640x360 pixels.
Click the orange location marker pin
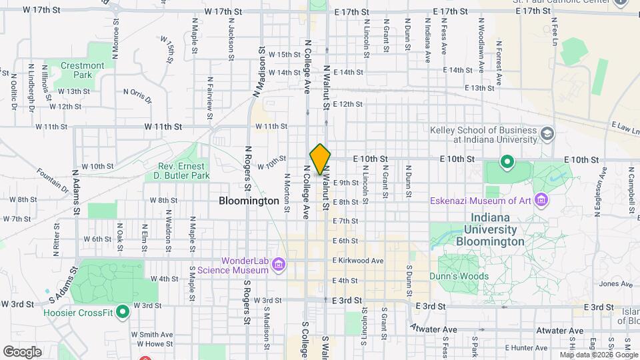pyautogui.click(x=320, y=159)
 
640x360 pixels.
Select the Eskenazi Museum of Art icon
pyautogui.click(x=541, y=199)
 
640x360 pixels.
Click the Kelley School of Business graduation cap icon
pyautogui.click(x=547, y=135)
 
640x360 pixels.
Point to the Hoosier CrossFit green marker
pyautogui.click(x=122, y=311)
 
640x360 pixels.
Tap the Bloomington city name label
pyautogui.click(x=249, y=201)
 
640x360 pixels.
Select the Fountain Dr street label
pyautogui.click(x=53, y=180)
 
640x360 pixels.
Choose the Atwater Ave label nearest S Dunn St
pyautogui.click(x=433, y=329)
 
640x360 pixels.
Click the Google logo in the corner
pyautogui.click(x=22, y=351)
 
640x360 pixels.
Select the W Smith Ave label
pyautogui.click(x=151, y=334)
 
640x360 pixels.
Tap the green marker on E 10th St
pyautogui.click(x=507, y=161)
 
